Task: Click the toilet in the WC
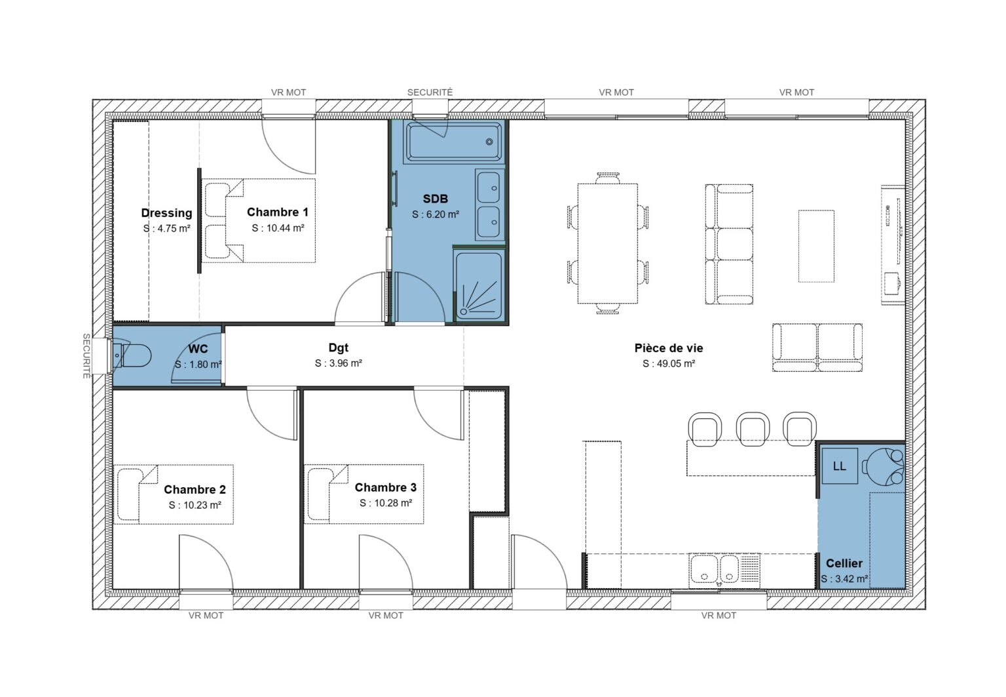click(x=132, y=355)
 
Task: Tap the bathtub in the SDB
click(x=454, y=141)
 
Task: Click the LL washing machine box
click(x=839, y=466)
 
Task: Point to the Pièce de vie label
click(x=668, y=348)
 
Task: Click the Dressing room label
click(x=166, y=212)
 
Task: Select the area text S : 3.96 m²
click(x=338, y=363)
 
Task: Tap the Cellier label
click(x=844, y=563)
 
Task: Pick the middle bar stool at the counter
click(x=753, y=429)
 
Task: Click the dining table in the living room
click(x=607, y=243)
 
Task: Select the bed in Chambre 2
click(x=174, y=494)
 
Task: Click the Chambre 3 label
click(x=385, y=487)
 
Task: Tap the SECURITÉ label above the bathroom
click(x=430, y=92)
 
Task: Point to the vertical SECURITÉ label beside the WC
click(x=86, y=356)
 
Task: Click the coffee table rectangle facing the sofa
click(x=815, y=246)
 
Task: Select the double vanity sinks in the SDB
click(x=489, y=205)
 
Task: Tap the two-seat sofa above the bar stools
click(x=817, y=347)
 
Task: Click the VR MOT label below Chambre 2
click(x=206, y=616)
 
